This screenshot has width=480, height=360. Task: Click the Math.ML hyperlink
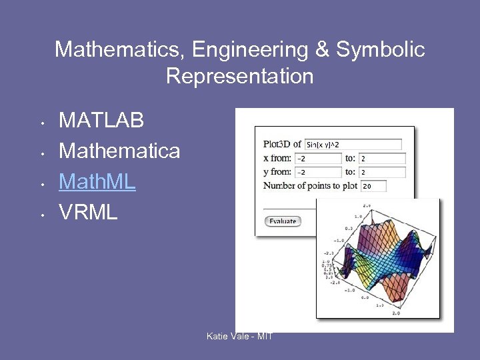97,181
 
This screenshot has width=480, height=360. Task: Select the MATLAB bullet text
101,121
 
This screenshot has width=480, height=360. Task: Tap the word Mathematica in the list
119,151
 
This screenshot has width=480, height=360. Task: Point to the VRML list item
88,212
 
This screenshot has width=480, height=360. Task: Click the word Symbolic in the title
380,49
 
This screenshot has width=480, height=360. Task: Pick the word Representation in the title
239,76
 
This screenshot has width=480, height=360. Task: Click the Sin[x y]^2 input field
353,144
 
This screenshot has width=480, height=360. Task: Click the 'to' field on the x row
382,159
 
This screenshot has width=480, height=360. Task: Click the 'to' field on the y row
382,173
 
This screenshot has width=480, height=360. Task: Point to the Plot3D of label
282,144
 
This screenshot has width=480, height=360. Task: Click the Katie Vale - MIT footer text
240,336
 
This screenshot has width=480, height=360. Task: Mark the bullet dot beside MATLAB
42,123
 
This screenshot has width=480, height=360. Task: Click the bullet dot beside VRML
42,215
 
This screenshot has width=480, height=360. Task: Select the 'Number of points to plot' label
310,186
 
